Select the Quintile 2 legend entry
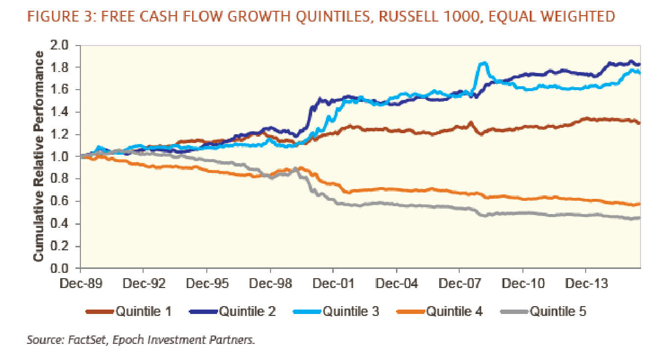coord(247,311)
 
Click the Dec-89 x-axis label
coord(80,285)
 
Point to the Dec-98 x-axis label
coord(270,285)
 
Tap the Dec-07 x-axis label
coord(459,285)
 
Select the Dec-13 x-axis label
coord(586,285)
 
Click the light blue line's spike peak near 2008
coord(484,63)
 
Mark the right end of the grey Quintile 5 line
coord(639,218)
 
